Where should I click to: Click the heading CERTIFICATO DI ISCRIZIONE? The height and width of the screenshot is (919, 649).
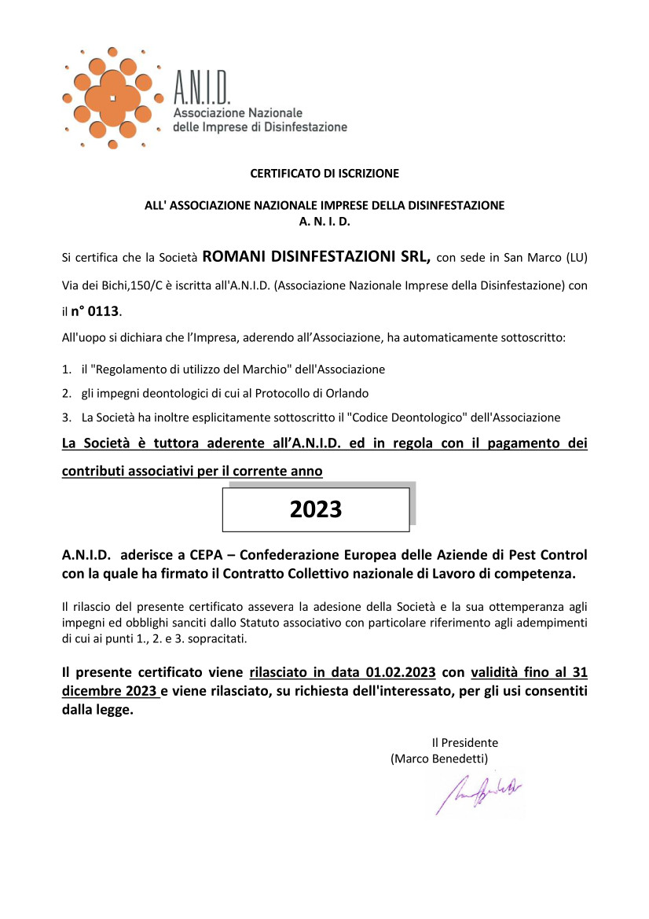(x=324, y=173)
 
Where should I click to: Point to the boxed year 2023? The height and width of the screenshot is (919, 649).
(x=316, y=509)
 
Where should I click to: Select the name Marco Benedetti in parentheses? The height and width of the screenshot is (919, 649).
(x=439, y=759)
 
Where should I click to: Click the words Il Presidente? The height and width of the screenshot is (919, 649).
(x=464, y=742)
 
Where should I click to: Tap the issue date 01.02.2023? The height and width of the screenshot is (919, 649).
(x=401, y=673)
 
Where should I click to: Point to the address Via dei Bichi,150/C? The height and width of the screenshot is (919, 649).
(x=109, y=285)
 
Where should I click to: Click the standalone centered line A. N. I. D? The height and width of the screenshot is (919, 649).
(x=324, y=222)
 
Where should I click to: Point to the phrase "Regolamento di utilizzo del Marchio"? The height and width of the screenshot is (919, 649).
(x=191, y=369)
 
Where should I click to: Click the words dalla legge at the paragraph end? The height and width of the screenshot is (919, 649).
(x=97, y=711)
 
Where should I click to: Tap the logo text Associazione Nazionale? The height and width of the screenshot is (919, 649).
(x=237, y=113)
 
